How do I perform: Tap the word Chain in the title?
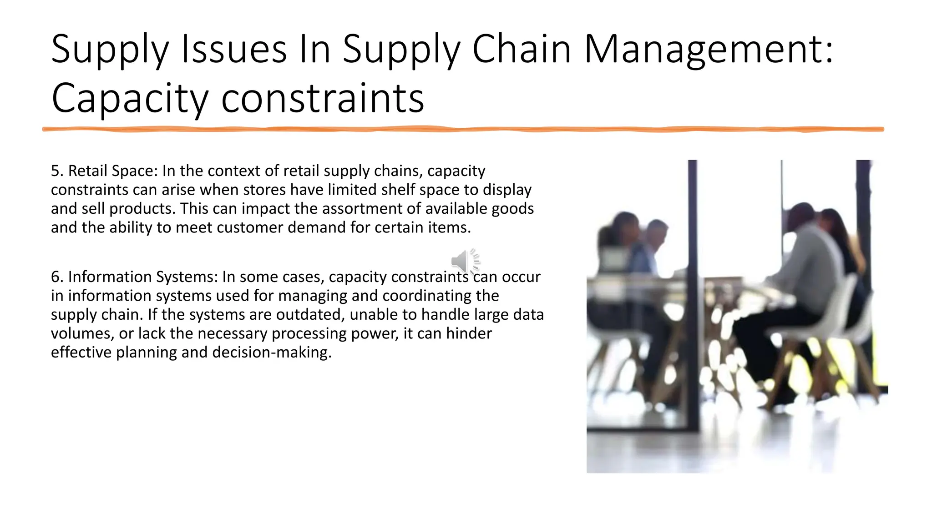tap(522, 49)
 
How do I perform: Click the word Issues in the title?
tap(234, 49)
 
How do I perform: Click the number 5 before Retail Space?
tap(55, 171)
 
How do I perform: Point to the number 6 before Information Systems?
tap(55, 277)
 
